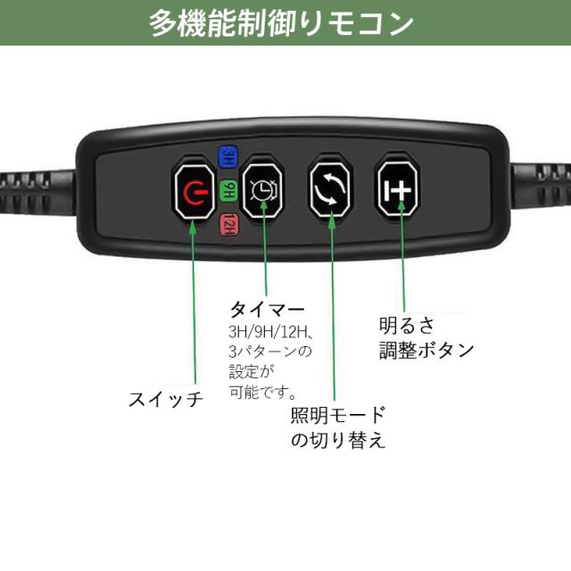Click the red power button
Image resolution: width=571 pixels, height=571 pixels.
click(x=194, y=191)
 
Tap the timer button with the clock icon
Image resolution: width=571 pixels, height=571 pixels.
click(x=262, y=190)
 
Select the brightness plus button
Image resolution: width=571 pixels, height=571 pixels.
click(x=398, y=188)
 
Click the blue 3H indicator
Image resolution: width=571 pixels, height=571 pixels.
click(x=228, y=157)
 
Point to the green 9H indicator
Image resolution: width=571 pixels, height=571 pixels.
click(x=228, y=190)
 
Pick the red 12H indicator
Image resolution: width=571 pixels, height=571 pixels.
click(x=228, y=224)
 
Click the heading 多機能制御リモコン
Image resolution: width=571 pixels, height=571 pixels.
click(x=281, y=23)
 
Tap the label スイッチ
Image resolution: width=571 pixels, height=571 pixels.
click(x=166, y=399)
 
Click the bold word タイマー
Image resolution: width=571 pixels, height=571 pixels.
click(x=268, y=310)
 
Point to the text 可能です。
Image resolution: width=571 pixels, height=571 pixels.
click(x=263, y=393)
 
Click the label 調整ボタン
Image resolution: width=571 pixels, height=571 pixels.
click(x=426, y=351)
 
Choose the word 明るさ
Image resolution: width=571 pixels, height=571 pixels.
click(x=407, y=326)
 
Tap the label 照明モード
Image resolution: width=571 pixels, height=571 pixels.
click(x=338, y=415)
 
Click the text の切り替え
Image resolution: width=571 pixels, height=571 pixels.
click(x=338, y=440)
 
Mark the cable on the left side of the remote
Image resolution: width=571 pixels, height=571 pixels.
click(x=37, y=192)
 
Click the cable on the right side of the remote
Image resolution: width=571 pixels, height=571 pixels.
click(x=540, y=186)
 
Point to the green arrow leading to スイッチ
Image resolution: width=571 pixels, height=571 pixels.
click(x=194, y=303)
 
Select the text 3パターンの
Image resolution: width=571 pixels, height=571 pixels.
click(x=270, y=352)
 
